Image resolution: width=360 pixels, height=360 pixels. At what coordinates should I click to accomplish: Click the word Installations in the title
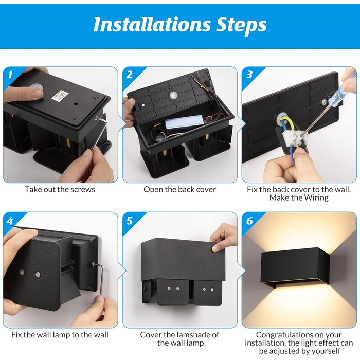(x=152, y=25)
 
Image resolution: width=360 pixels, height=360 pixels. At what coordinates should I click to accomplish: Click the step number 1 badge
(x=10, y=74)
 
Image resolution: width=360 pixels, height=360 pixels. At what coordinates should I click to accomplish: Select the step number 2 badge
(x=129, y=75)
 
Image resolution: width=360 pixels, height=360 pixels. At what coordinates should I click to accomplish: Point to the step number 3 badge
(x=249, y=75)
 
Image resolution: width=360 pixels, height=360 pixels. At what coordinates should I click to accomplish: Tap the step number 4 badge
(x=10, y=221)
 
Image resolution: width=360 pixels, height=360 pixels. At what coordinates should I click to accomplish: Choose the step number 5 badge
(x=130, y=221)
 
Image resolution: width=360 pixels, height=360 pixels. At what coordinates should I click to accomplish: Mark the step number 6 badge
(x=249, y=221)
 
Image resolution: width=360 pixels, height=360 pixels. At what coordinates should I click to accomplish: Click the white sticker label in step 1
(x=60, y=95)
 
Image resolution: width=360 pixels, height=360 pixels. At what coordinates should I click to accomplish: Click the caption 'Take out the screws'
(x=60, y=189)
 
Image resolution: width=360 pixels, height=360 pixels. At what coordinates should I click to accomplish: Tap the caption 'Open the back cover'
(x=180, y=189)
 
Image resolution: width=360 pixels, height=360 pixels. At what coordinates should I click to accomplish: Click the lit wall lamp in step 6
(x=295, y=267)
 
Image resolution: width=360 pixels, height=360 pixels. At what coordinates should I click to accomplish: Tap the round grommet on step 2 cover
(x=174, y=95)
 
